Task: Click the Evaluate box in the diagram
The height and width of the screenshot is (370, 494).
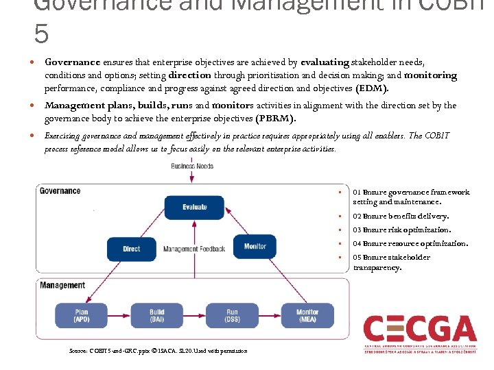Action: click(194, 207)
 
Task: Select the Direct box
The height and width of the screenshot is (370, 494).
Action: click(132, 248)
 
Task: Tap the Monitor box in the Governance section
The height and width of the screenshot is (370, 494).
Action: click(255, 247)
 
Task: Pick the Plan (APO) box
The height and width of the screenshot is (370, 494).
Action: click(81, 315)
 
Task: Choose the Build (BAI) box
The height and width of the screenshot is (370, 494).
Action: click(156, 315)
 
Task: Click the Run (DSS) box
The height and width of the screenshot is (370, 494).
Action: click(232, 315)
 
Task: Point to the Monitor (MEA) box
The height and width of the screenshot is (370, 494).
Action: click(307, 315)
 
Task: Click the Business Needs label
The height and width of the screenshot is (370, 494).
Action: click(192, 166)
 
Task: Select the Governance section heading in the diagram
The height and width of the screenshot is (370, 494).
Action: click(60, 190)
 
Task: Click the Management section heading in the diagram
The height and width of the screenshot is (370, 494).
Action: click(62, 285)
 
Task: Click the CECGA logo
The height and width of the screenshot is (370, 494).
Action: click(419, 333)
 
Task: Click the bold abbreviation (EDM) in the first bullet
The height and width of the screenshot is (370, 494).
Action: click(372, 88)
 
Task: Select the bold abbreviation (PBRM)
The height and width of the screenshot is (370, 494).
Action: click(276, 118)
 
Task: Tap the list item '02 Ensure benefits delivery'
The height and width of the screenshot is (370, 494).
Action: click(401, 216)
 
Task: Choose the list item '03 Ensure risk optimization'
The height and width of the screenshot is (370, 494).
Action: click(402, 230)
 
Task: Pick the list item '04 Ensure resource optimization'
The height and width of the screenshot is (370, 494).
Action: click(410, 243)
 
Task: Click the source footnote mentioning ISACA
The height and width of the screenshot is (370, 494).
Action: click(158, 351)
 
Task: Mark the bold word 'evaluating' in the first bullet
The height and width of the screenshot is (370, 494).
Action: click(325, 62)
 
